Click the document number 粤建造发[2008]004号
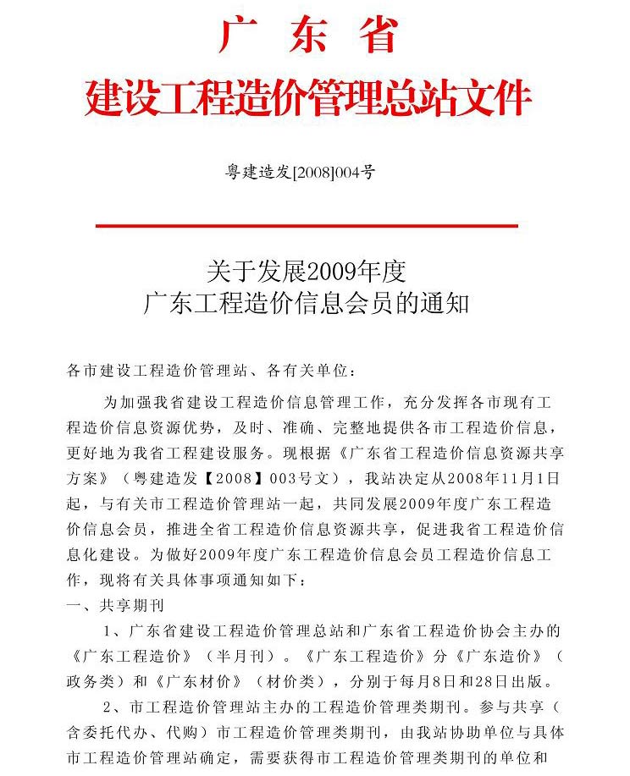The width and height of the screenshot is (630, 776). click(x=300, y=173)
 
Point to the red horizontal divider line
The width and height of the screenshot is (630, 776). click(x=307, y=226)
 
